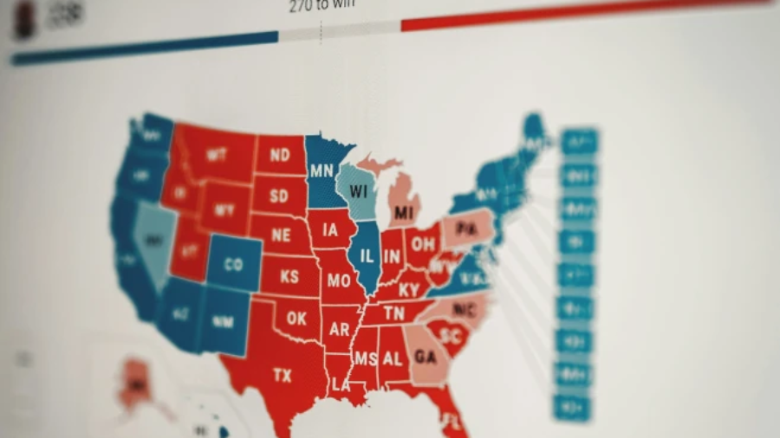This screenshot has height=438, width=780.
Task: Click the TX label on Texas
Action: [x=282, y=376]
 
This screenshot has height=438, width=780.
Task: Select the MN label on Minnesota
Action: [x=322, y=170]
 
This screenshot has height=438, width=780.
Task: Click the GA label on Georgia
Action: [x=426, y=357]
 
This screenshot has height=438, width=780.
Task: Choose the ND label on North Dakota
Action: [x=279, y=156]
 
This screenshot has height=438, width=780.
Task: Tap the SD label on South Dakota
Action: [x=278, y=196]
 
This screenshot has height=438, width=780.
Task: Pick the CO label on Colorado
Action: [x=233, y=265]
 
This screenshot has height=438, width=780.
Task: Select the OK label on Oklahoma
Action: [x=296, y=319]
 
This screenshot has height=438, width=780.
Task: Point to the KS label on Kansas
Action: [x=289, y=278]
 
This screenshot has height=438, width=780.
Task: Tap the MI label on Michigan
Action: [x=403, y=212]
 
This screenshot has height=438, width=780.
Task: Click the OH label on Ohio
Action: [x=423, y=245]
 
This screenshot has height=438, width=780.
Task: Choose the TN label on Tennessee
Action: [x=393, y=313]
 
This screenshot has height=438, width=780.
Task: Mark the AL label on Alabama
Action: [x=393, y=357]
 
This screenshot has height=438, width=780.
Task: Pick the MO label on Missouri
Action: [x=338, y=280]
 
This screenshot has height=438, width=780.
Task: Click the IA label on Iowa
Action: [x=329, y=230]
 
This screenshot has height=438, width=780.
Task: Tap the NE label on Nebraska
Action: [x=281, y=235]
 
